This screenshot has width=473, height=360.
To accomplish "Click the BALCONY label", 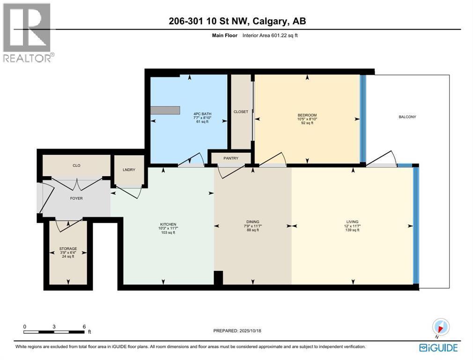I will click(407, 117).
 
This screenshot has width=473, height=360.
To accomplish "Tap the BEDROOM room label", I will click(307, 115).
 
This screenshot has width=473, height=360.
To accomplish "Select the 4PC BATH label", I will click(202, 114).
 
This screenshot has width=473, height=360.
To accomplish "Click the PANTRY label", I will click(230, 158).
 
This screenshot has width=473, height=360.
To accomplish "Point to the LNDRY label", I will click(129, 170).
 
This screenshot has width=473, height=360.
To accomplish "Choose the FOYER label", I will click(76, 198).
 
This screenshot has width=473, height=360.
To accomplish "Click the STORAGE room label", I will click(68, 249).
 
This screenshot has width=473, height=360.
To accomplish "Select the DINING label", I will click(252, 222).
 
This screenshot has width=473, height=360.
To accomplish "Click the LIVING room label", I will click(352, 222).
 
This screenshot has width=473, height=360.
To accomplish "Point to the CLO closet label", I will click(76, 165).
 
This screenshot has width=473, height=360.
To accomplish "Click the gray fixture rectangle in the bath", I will click(165, 110).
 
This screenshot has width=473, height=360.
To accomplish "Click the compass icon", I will click(441, 327).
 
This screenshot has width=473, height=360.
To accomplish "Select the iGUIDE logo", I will click(439, 347).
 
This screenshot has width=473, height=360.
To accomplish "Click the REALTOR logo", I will click(28, 32).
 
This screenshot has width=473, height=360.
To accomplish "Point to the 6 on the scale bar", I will click(84, 326).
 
